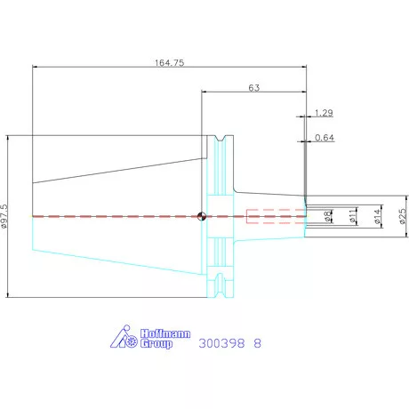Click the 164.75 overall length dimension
(x=169, y=63)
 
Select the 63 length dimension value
(x=254, y=88)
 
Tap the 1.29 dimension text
(x=324, y=113)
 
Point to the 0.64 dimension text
(x=325, y=138)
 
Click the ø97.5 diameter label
(x=4, y=216)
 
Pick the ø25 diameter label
(x=403, y=216)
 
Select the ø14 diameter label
(x=377, y=216)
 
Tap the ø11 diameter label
(x=352, y=216)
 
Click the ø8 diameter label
(x=327, y=216)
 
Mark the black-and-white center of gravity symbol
(x=202, y=216)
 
